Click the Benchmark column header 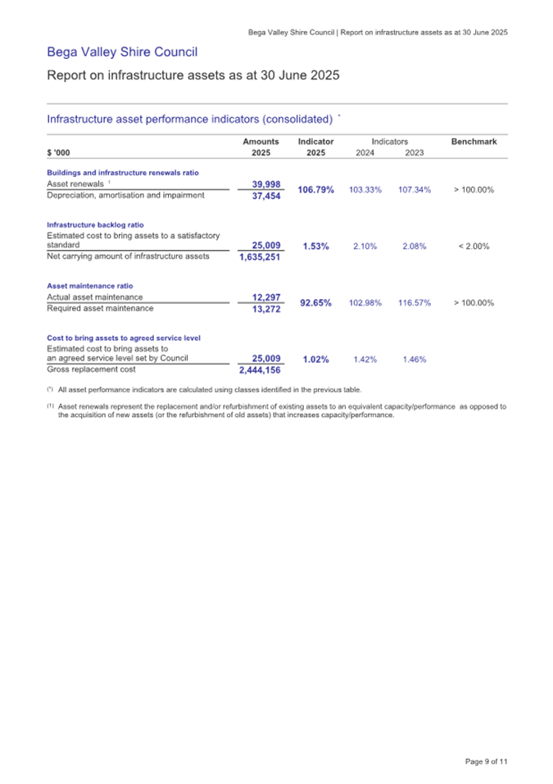[474, 142]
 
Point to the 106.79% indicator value [315, 190]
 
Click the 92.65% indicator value [315, 303]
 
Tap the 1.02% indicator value [315, 359]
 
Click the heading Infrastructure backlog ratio [96, 224]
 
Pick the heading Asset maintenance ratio [90, 286]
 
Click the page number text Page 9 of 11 [487, 763]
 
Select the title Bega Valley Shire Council [122, 53]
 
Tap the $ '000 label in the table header [59, 152]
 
